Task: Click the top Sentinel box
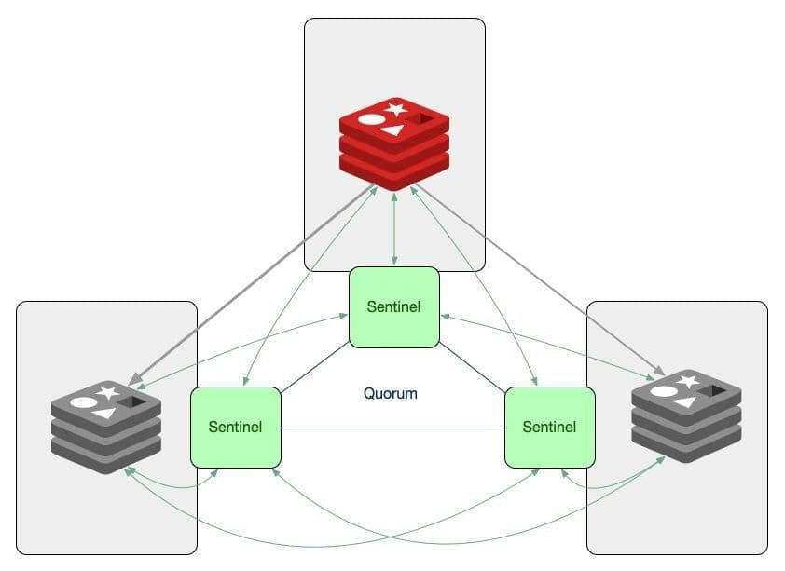pyautogui.click(x=394, y=307)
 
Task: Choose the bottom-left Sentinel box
pyautogui.click(x=236, y=427)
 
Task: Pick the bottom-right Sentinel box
pyautogui.click(x=549, y=427)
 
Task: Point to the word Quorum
pyautogui.click(x=391, y=394)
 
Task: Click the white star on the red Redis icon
pyautogui.click(x=396, y=110)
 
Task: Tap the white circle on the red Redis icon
pyautogui.click(x=371, y=119)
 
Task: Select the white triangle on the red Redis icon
pyautogui.click(x=392, y=129)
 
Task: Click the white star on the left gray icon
pyautogui.click(x=109, y=393)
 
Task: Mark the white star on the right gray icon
pyautogui.click(x=688, y=382)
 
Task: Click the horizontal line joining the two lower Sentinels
pyautogui.click(x=392, y=428)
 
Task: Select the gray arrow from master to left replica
pyautogui.click(x=252, y=285)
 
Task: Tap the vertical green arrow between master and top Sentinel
pyautogui.click(x=395, y=228)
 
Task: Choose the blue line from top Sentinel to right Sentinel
pyautogui.click(x=472, y=367)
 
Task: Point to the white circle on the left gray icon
pyautogui.click(x=84, y=402)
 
